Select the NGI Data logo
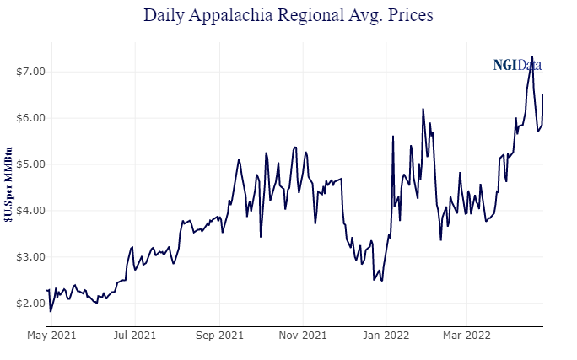(517, 64)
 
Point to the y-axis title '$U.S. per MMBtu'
(8, 185)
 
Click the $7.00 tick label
(30, 72)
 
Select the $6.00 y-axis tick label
(30, 118)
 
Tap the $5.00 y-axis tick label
(30, 164)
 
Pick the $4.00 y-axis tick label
(30, 210)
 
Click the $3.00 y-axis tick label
(30, 256)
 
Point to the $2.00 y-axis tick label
(30, 303)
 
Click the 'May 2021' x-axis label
(51, 336)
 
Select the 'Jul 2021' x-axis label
(134, 336)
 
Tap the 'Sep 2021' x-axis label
(219, 336)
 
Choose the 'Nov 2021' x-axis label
(303, 336)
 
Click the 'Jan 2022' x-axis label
(386, 336)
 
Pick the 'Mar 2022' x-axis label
(467, 336)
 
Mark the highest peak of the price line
(532, 56)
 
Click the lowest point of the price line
(51, 311)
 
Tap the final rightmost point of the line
(542, 94)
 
